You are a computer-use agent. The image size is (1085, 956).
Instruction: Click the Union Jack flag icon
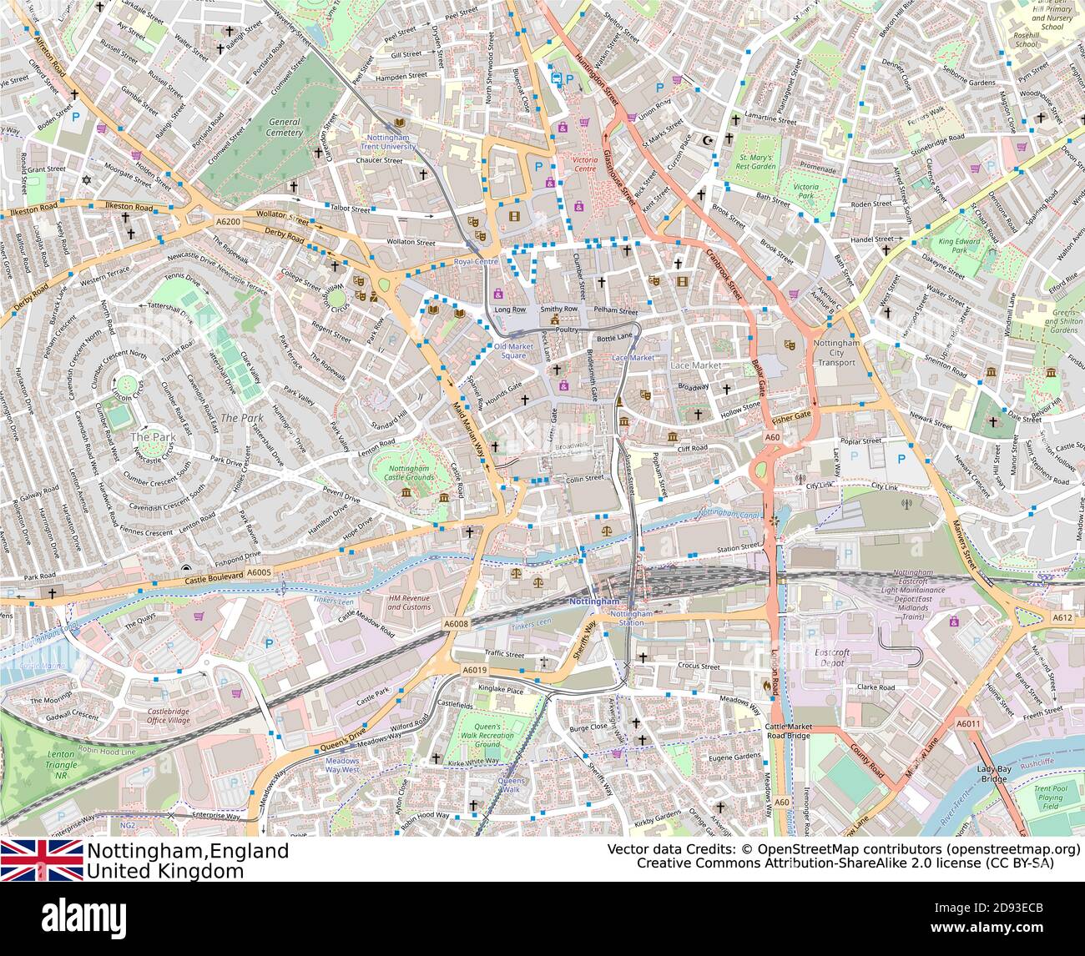[x=42, y=860]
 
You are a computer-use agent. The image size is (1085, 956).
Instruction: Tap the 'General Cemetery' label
[x=285, y=127]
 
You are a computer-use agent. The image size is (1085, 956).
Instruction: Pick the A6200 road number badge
[x=227, y=222]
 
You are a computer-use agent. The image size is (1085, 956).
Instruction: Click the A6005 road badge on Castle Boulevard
[x=260, y=572]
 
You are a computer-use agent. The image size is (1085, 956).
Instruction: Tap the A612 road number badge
[x=1062, y=617]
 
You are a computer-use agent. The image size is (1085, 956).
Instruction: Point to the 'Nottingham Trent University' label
[x=392, y=142]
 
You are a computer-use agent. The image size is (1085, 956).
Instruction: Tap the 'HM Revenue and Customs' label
[x=410, y=602]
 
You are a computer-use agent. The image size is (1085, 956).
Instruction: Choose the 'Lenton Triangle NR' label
[x=63, y=764]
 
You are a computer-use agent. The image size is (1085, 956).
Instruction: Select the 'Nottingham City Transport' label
[x=835, y=352]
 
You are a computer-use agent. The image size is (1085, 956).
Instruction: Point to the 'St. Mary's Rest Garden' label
[x=757, y=161]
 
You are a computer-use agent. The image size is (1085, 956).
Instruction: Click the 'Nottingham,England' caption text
[x=189, y=851]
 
